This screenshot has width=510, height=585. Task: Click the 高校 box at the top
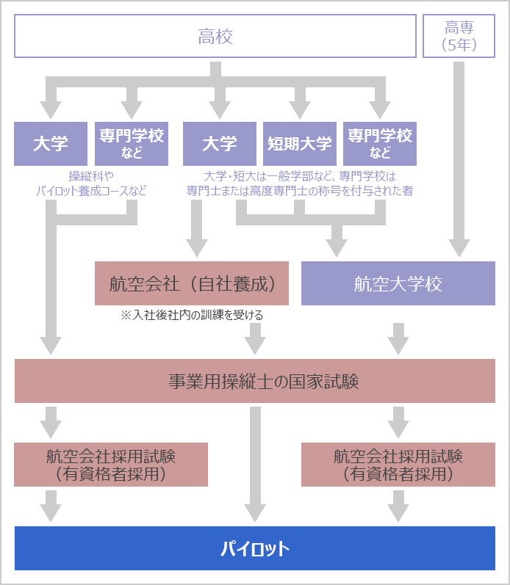click(215, 37)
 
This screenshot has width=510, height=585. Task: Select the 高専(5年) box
click(459, 37)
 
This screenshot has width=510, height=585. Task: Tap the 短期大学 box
click(299, 143)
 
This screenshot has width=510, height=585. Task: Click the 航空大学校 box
click(398, 283)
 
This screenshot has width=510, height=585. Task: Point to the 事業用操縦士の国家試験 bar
click(254, 381)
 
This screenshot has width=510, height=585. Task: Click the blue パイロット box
click(254, 548)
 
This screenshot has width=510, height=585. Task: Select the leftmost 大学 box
click(51, 143)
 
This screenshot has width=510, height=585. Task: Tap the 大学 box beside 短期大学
click(219, 143)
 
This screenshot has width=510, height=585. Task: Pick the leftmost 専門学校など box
click(132, 143)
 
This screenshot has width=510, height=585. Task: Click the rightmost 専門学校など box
click(380, 143)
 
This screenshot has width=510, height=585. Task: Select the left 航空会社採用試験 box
click(111, 465)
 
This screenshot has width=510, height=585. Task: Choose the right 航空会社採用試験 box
click(398, 465)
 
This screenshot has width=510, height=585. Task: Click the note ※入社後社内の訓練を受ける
click(192, 315)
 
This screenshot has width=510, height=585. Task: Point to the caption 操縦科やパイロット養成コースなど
click(91, 184)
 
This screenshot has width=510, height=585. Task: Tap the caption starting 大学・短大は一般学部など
click(299, 184)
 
